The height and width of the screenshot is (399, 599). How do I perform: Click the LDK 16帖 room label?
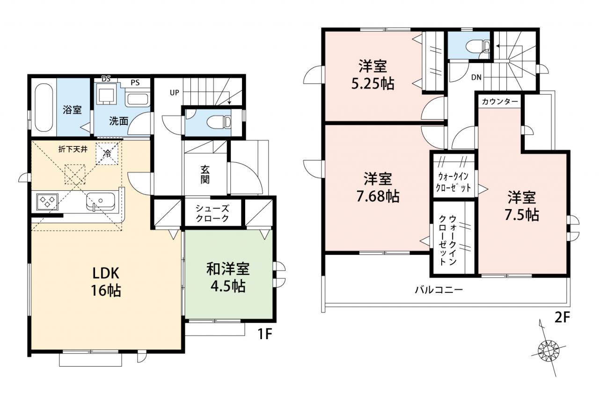[106, 282]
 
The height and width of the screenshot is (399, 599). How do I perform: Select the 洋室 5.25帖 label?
[373, 75]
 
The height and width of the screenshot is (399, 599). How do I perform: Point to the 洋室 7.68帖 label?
[378, 188]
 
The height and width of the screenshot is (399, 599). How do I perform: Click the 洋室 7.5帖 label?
[521, 205]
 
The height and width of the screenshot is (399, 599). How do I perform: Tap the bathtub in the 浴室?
[44, 108]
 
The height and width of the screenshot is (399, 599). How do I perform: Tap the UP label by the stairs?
[175, 93]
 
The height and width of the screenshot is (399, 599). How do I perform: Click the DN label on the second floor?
[476, 77]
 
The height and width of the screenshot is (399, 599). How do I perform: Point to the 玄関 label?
[205, 175]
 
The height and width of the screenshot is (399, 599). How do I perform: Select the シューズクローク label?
[212, 213]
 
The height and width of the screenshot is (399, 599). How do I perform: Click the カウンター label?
[500, 102]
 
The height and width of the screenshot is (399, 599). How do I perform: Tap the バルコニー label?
[438, 290]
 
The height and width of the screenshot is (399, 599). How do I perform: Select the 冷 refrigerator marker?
[107, 154]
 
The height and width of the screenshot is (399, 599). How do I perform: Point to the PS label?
[135, 83]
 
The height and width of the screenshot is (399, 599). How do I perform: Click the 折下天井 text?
[73, 149]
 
